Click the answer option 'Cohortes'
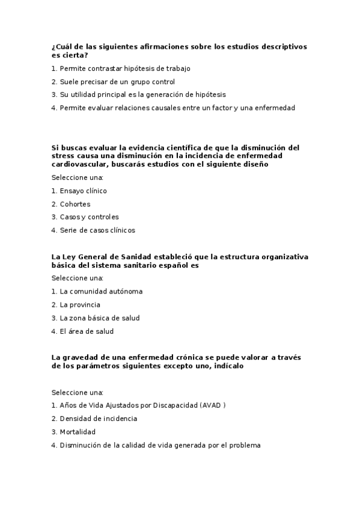75,204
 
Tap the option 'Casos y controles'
89,217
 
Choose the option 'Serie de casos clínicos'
97,230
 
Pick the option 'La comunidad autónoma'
101,292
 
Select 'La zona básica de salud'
99,318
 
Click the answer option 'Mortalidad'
78,432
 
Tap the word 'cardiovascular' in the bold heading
79,164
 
